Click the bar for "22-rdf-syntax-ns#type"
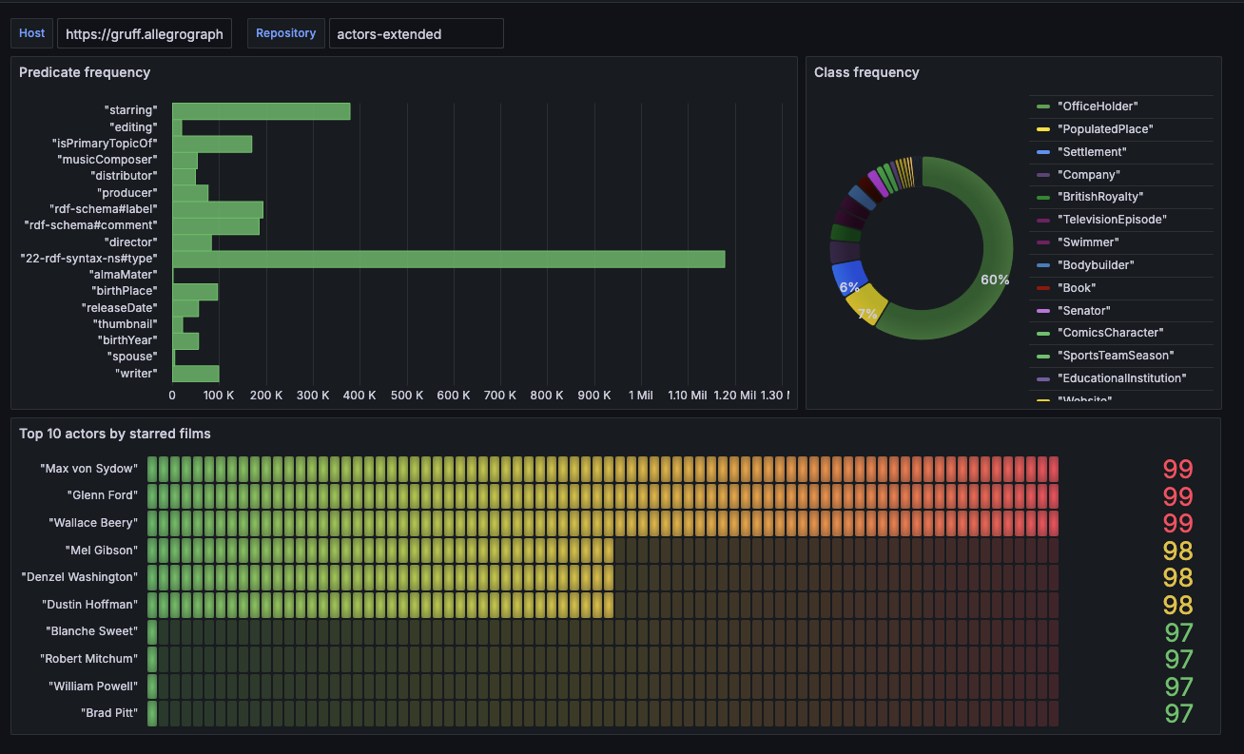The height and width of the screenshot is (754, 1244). pos(448,260)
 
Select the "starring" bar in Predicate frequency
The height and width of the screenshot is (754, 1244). pos(261,111)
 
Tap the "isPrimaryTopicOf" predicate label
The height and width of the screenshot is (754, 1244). pos(104,144)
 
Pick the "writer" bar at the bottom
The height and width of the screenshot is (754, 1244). pos(196,374)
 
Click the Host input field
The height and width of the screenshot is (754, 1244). pos(144,33)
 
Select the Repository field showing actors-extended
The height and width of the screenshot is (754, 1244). pos(416,33)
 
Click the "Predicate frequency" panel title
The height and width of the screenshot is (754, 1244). pos(85,72)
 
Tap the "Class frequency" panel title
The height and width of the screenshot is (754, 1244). pos(866,72)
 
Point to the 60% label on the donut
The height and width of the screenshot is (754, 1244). pos(995,280)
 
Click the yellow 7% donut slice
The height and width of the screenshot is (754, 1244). pos(865,305)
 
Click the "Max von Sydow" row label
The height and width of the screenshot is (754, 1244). pos(88,469)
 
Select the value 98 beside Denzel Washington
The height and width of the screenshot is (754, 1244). pos(1177,577)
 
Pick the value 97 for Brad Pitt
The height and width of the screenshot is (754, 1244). pos(1177,713)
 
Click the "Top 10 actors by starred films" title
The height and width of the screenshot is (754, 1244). pos(115,434)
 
